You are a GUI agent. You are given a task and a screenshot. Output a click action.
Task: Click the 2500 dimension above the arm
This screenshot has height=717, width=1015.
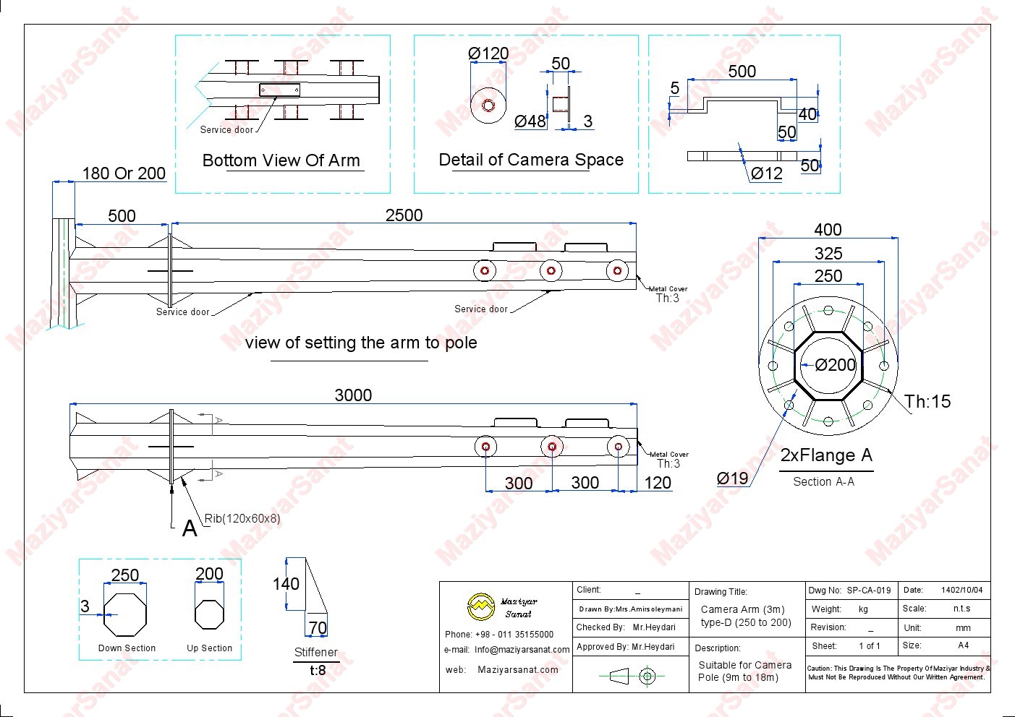tap(404, 215)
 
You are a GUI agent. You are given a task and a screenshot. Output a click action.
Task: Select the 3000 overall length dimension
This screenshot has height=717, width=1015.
tap(353, 395)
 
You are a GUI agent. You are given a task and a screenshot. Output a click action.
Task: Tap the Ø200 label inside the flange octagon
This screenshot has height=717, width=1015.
tap(835, 365)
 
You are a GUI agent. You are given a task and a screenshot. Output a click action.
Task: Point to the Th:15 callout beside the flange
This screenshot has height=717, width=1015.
tap(927, 402)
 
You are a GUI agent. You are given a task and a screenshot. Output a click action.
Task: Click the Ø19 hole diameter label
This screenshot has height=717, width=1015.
tap(732, 478)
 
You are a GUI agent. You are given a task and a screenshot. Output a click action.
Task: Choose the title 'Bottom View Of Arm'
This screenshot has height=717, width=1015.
tap(281, 160)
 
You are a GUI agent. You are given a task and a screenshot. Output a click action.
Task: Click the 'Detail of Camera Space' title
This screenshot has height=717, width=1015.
tap(531, 160)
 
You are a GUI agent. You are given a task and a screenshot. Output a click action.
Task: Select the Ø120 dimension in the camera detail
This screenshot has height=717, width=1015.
tap(488, 53)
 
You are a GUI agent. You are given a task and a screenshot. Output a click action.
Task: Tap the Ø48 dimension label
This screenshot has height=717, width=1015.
tap(530, 121)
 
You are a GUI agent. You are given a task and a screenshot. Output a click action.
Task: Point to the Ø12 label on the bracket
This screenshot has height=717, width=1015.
tap(766, 173)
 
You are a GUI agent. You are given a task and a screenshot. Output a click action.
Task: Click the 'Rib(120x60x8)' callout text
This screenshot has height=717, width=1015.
tap(242, 518)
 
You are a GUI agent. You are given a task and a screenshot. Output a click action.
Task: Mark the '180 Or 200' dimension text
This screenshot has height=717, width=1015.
tap(124, 173)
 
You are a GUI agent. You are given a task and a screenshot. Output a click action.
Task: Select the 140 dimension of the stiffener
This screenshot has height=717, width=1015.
tap(286, 584)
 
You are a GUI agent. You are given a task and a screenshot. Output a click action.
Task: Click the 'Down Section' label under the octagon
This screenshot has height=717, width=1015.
tap(127, 648)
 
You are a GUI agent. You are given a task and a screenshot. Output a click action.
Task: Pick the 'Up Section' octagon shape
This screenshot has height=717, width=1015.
tap(210, 614)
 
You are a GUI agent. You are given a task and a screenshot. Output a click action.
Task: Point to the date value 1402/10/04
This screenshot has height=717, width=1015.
tap(961, 591)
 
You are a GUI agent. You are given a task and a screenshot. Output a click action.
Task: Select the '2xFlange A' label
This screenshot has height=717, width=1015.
tap(826, 455)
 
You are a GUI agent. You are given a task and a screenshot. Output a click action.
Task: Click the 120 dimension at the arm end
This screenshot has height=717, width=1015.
tap(657, 483)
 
